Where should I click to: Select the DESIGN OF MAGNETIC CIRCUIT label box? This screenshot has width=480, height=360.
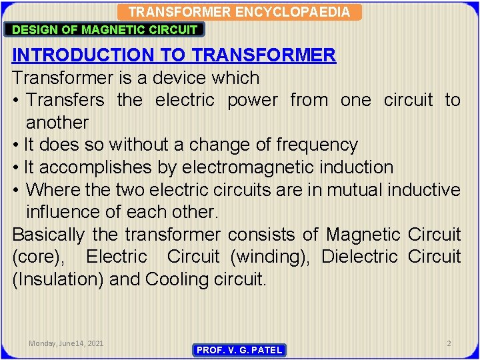(105, 29)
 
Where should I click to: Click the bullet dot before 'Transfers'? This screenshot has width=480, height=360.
(17, 101)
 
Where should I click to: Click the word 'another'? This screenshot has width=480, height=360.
(57, 123)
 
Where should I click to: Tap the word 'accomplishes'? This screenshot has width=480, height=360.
(101, 167)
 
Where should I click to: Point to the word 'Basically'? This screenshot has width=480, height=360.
(48, 235)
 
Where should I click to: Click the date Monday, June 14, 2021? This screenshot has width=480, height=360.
(66, 343)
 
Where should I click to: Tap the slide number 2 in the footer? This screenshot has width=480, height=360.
(449, 343)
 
